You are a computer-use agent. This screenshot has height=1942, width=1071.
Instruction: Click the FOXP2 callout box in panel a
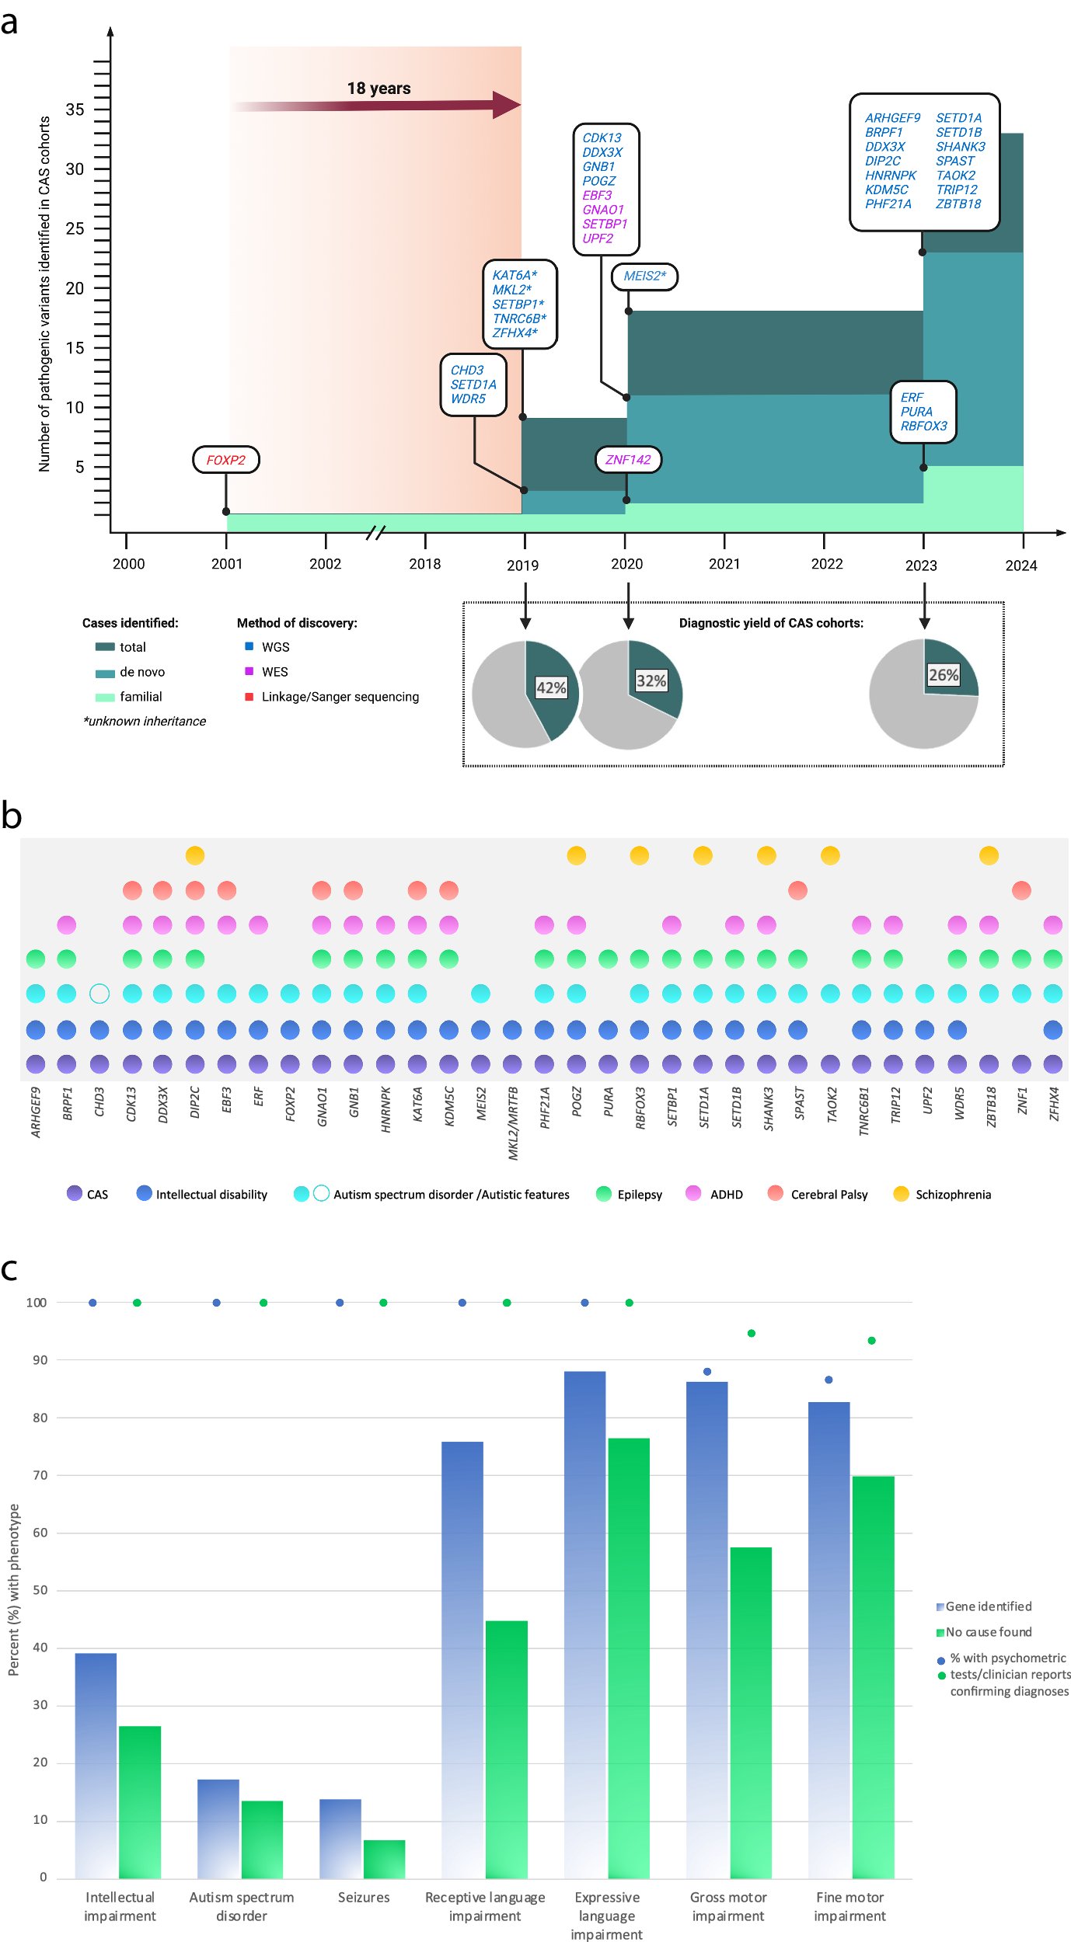coord(225,460)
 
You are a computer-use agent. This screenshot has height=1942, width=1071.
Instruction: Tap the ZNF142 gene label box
coord(628,460)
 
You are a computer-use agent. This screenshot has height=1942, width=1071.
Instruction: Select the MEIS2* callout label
coord(644,276)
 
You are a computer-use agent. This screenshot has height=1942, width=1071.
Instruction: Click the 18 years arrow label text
coord(379,89)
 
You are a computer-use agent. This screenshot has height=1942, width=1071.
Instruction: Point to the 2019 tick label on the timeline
coord(522,565)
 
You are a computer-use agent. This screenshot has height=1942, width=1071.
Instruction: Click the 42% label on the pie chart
coord(551,687)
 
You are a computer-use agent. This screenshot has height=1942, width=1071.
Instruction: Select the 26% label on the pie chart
coord(943,675)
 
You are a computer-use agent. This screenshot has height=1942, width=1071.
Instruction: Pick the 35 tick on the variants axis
coord(75,110)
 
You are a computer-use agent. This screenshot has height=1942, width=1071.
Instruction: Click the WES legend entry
coord(274,672)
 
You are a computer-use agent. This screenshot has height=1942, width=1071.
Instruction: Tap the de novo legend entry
coord(141,672)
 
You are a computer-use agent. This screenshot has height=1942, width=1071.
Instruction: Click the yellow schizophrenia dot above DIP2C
coord(195,855)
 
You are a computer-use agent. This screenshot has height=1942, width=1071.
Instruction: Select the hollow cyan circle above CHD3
coord(99,994)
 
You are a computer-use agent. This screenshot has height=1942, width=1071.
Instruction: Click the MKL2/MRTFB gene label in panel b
coord(513,1123)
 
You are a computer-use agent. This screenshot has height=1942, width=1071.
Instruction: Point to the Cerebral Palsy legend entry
coord(829,1194)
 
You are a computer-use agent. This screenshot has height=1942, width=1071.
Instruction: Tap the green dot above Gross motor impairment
coord(751,1333)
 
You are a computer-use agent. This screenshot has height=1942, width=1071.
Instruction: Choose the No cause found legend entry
coord(988,1632)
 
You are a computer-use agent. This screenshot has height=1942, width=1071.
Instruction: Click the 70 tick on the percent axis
coord(40,1475)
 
